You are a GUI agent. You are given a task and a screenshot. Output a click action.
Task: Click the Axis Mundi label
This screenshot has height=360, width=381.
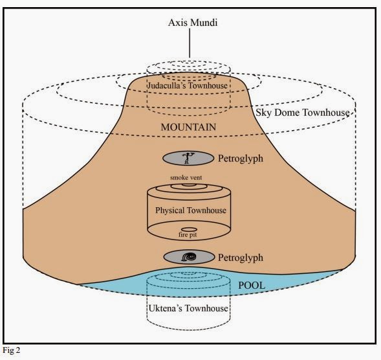coord(193,23)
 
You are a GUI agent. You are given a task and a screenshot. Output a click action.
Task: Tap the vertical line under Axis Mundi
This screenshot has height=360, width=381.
coord(190,43)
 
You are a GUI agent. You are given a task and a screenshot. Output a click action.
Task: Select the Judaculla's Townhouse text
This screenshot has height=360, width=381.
coord(188,85)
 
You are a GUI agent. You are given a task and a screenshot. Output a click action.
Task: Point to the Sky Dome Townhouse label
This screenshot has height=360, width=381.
coord(303,113)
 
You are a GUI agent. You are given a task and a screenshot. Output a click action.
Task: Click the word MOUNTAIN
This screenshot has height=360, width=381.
coord(188,127)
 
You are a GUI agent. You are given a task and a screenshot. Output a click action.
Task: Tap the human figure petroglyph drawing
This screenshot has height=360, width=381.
coord(188,157)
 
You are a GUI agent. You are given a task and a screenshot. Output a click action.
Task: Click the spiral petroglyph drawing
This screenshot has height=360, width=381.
coord(189,257)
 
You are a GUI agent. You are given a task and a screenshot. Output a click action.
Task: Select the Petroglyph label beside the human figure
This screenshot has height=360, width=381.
coord(241,159)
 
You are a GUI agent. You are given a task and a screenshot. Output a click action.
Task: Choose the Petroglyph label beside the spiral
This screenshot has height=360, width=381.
coord(241,258)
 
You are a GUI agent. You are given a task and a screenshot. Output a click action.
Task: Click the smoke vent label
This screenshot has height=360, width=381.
coord(186,177)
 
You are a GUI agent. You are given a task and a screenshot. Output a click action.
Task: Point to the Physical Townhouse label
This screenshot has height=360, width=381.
coord(191,210)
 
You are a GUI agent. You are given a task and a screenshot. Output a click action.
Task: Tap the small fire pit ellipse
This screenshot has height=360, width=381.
coord(189,229)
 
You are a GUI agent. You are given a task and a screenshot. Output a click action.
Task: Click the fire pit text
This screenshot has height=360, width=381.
coord(188,235)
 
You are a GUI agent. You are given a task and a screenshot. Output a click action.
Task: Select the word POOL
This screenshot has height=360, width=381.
coord(252,286)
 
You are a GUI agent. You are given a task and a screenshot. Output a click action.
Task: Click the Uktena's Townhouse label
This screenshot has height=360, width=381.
coord(188,308)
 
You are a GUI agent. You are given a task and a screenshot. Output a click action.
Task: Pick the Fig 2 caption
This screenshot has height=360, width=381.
coord(11,350)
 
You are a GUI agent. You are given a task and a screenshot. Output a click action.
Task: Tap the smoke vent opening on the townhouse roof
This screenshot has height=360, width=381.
coord(189,185)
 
